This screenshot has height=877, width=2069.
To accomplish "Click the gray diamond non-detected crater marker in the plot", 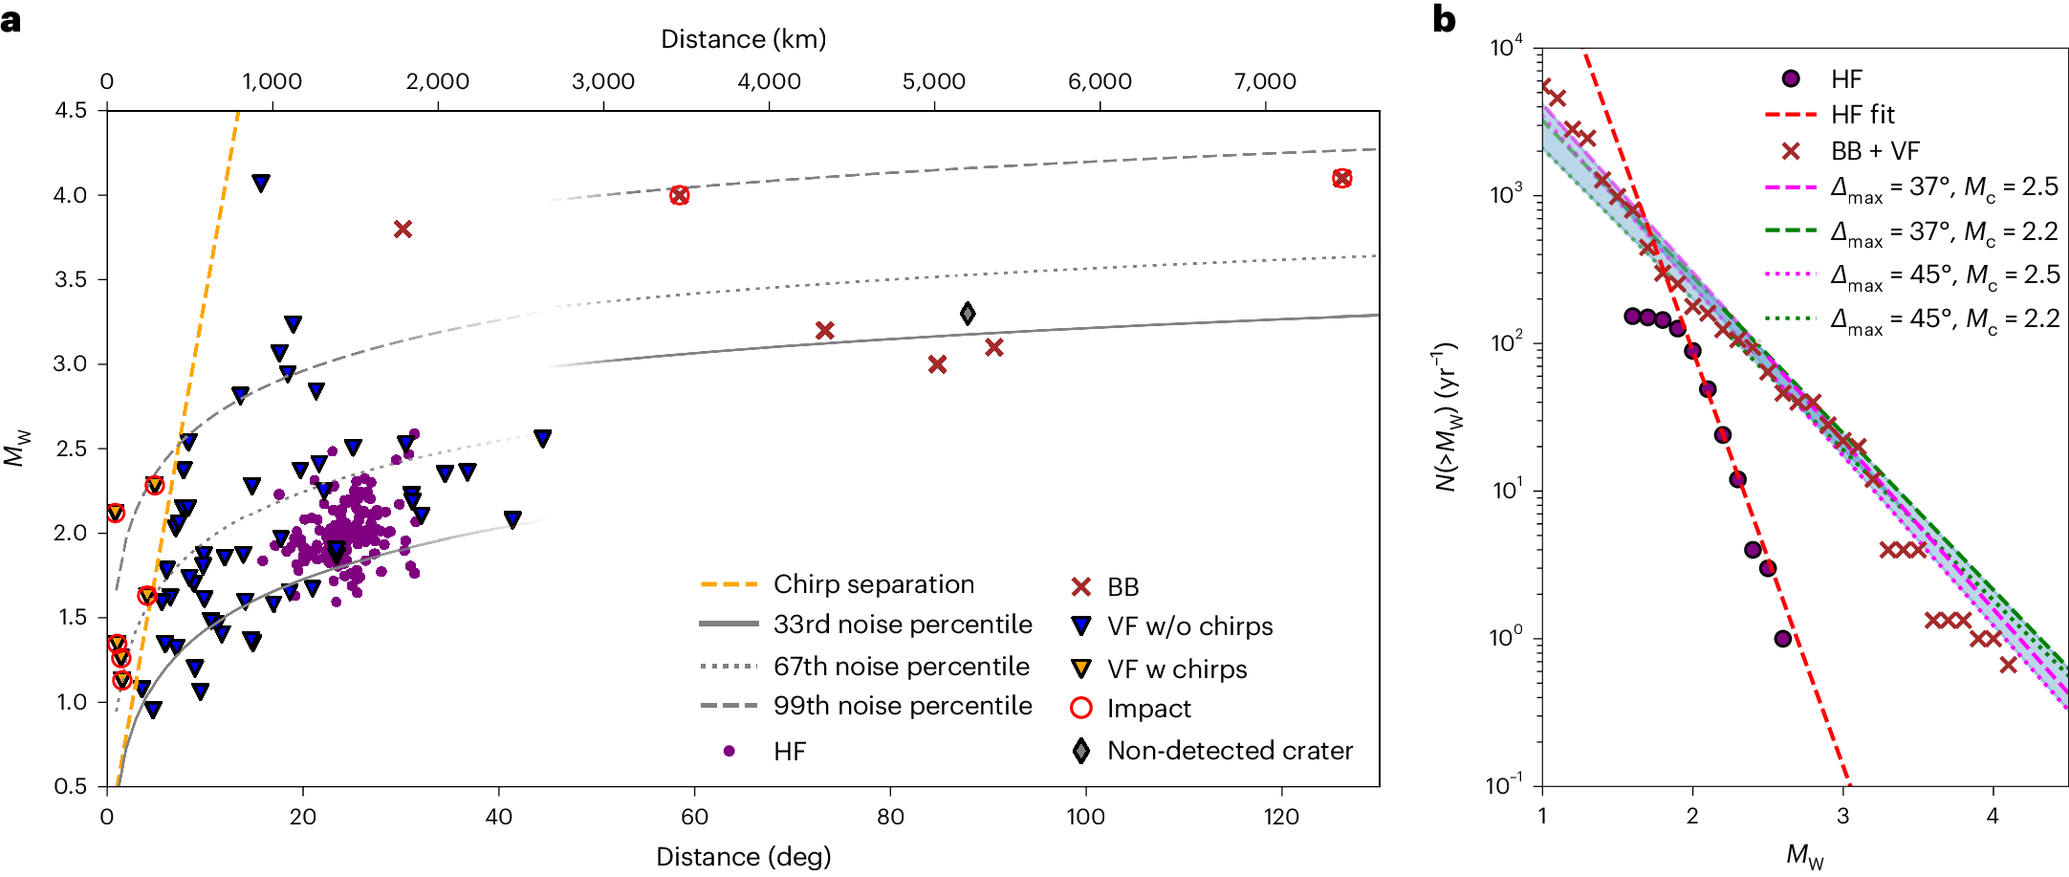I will point(968,314).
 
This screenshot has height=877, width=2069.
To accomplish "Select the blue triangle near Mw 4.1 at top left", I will point(260,183).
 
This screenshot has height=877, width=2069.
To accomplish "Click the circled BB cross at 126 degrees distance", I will point(1341,179).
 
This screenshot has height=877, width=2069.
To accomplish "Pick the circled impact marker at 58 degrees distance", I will point(679,195).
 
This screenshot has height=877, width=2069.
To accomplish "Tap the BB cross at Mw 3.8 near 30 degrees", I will point(403,230).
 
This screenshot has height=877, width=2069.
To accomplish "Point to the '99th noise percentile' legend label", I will point(902,706).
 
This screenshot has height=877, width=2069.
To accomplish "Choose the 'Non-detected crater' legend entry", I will point(1229,751).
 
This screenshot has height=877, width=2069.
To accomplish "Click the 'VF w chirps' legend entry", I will point(1176,669).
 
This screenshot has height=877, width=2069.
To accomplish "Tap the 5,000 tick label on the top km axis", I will point(933,82).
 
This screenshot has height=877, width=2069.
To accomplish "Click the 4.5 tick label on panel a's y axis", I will point(70,111).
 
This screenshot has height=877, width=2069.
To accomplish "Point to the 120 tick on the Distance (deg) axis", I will point(1280,817).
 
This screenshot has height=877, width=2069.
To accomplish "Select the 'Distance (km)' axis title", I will point(743,39).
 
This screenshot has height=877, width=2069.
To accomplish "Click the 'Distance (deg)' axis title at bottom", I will point(743,856).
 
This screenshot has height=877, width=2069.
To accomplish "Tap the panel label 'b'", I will point(1444,19).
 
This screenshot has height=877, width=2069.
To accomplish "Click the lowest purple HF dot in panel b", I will point(1782,639).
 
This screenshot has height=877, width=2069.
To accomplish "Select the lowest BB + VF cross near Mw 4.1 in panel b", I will point(2008,665).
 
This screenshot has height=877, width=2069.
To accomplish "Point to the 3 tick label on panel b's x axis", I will point(1842,817).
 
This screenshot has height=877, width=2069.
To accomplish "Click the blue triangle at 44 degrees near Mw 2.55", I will point(542,438).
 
